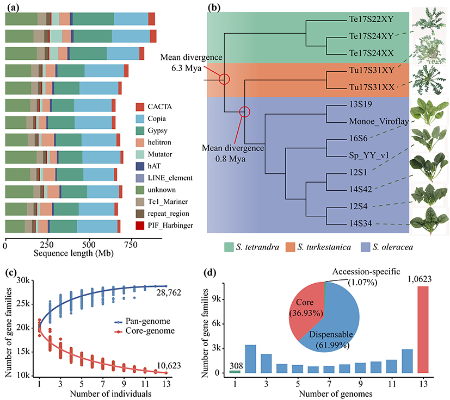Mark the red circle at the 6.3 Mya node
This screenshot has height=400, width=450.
(224, 79)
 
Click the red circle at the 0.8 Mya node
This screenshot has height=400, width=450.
(245, 111)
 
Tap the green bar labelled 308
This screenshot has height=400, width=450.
(234, 371)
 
